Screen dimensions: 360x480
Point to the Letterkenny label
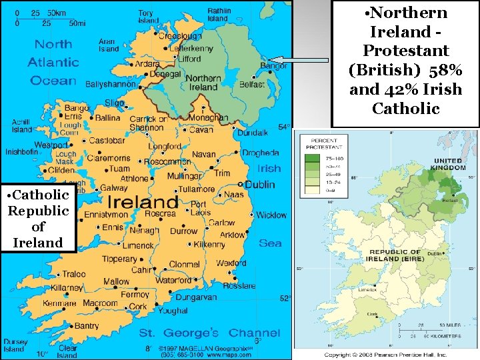point(191,49)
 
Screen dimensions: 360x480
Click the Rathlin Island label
point(219,15)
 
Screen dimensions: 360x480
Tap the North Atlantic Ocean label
point(53,63)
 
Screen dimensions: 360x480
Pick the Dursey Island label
point(14,345)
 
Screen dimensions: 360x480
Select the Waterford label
point(173,281)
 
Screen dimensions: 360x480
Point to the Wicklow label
point(271,215)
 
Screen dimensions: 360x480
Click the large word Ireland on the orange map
point(143,201)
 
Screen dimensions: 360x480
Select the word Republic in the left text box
point(38,211)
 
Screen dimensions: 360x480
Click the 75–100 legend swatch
point(311,159)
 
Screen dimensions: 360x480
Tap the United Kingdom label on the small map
point(448,164)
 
